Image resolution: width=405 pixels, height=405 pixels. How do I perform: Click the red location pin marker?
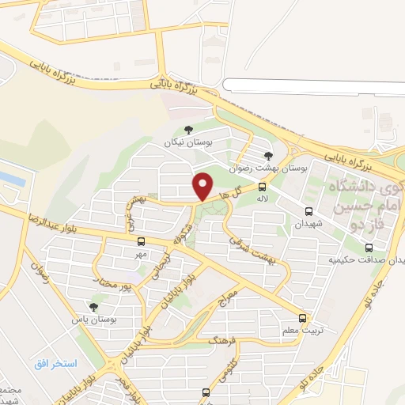204,185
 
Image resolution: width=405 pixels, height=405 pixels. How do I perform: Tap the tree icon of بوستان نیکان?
187,131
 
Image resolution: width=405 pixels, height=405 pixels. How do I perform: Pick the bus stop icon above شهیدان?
307,211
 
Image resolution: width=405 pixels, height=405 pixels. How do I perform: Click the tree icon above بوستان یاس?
94,306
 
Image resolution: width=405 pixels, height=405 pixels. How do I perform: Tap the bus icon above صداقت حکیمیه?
369,247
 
